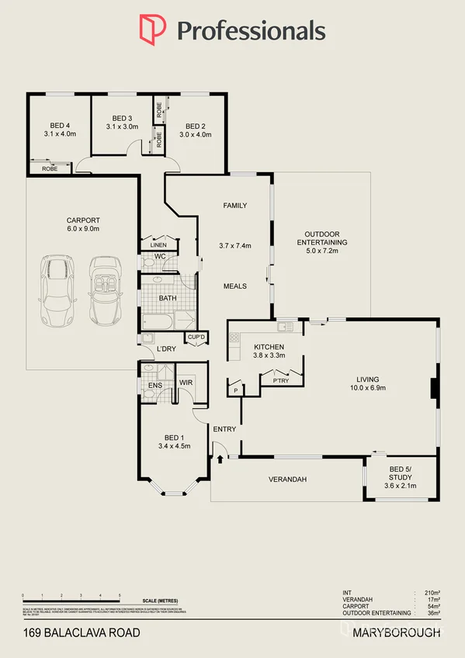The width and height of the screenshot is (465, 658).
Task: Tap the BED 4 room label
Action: click(x=60, y=126)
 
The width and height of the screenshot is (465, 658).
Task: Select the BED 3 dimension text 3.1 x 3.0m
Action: click(x=120, y=126)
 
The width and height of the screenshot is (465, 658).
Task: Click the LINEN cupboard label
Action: click(x=158, y=245)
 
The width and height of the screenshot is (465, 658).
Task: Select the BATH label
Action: click(x=168, y=297)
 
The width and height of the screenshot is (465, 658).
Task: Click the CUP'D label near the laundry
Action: click(x=196, y=337)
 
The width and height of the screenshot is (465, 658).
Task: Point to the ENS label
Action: click(x=154, y=383)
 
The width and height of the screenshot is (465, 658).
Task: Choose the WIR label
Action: click(x=186, y=383)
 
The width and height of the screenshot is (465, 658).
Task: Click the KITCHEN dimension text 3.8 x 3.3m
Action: click(x=269, y=355)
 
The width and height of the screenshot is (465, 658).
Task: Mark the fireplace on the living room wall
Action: click(x=434, y=386)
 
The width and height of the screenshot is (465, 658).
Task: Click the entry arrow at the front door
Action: click(x=220, y=459)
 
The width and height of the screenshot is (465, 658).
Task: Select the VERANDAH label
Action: click(x=287, y=480)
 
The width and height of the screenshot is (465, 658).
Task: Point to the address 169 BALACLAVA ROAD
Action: click(x=82, y=633)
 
